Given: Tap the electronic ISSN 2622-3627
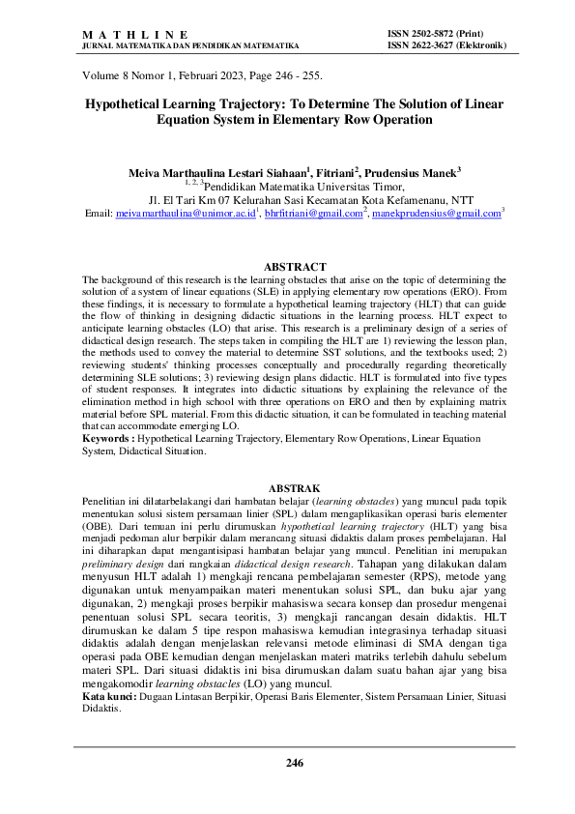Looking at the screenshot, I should click(x=449, y=44).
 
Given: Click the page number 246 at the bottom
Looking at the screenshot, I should click(x=295, y=764).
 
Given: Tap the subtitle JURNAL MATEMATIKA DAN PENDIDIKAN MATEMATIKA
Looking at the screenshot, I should click(x=190, y=44).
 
